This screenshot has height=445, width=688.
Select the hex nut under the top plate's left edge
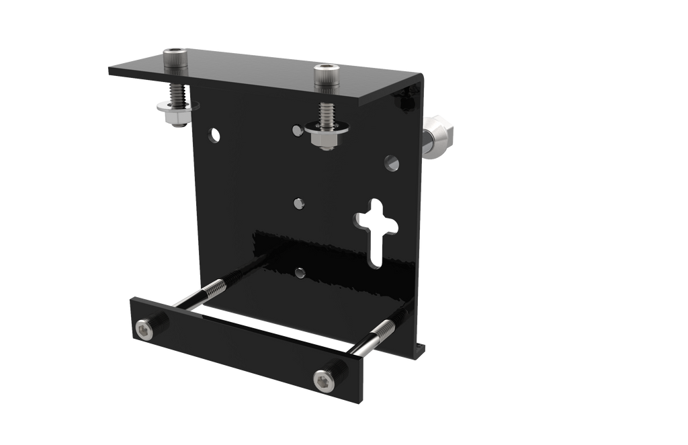click(176, 120)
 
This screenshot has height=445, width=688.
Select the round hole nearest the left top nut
click(214, 134)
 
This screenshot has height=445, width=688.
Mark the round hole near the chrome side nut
click(392, 162)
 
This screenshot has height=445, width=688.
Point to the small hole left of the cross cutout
click(300, 202)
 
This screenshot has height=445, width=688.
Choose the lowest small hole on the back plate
click(300, 273)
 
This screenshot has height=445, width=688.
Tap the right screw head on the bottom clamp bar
click(323, 381)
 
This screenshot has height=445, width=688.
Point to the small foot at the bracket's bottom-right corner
click(422, 348)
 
